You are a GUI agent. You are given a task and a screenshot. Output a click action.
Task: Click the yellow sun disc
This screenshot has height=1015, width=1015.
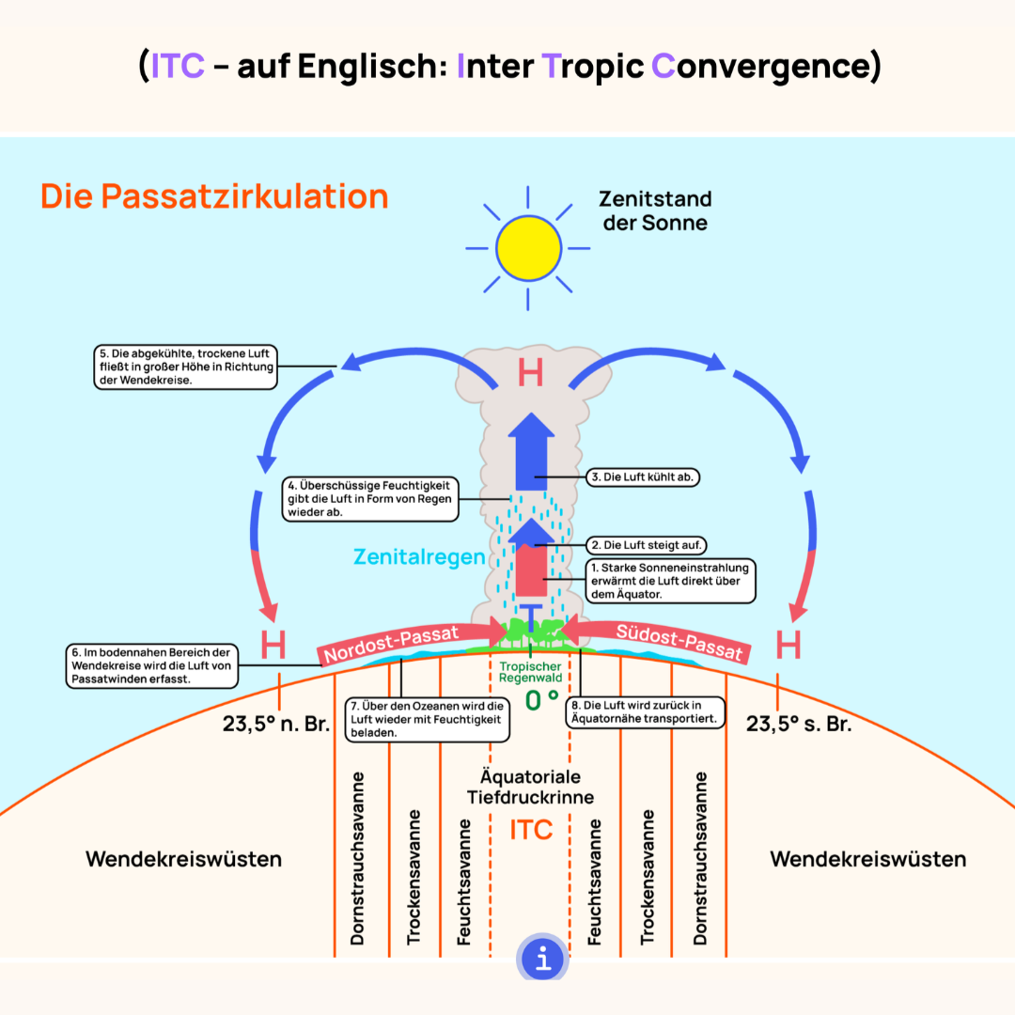point(528,248)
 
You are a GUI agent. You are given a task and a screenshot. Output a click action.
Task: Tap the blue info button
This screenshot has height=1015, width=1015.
point(543,958)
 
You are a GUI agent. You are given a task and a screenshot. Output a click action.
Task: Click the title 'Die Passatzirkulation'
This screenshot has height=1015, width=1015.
point(214,196)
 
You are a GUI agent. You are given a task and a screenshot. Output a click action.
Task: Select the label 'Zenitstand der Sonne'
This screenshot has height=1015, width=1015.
point(655,211)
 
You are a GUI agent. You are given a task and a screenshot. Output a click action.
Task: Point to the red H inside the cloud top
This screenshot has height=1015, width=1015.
point(530,373)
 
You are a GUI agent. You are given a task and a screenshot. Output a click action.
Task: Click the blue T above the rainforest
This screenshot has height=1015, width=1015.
point(531,617)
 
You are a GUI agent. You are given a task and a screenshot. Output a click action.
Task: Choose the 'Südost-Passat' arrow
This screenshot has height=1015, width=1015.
point(656,640)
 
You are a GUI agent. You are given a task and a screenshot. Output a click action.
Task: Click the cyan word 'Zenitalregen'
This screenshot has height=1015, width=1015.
point(419,556)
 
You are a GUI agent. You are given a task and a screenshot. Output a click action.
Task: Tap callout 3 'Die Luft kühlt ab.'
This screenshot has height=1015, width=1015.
point(643,477)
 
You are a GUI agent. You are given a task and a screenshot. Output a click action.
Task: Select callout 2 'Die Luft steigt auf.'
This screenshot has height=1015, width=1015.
point(646,545)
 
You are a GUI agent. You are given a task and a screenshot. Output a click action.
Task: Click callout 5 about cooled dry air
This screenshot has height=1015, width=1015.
point(186,367)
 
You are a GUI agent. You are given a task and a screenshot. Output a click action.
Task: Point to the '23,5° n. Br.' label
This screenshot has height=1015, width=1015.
point(276,724)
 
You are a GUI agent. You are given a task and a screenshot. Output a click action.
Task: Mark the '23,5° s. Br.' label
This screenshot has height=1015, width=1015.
point(799,724)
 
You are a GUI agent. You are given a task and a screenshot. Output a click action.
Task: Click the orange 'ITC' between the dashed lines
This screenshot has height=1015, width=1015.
point(531,830)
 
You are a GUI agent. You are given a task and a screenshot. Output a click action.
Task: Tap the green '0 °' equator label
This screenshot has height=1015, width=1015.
point(542,700)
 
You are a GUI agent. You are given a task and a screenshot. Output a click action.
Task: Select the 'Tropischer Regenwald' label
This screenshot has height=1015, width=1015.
point(530,672)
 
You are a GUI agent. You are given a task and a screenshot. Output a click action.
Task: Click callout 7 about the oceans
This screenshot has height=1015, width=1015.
point(428,719)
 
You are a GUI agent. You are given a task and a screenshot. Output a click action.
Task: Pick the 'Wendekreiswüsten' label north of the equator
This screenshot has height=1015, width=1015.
point(184,859)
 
